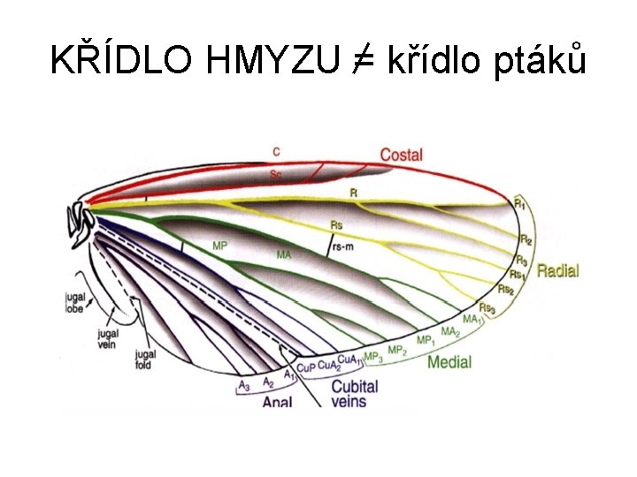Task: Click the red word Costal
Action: pos(401,155)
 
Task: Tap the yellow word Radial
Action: pos(557,271)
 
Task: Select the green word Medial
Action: pos(449,362)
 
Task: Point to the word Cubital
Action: pos(354,386)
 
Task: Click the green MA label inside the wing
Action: pos(284,254)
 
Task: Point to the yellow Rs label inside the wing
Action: pos(336,224)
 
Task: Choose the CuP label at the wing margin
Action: pos(305,366)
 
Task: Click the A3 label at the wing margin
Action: pos(244,385)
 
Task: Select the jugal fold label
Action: pos(146,361)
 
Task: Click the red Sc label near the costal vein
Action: pos(278,175)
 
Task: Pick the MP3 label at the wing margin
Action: pos(373,356)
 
